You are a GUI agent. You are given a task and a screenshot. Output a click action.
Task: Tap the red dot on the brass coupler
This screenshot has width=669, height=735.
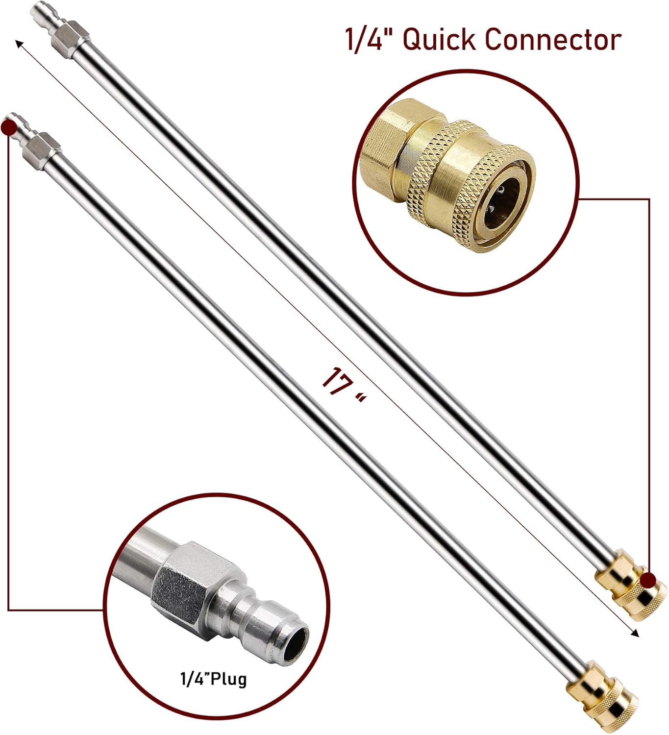[x=649, y=579]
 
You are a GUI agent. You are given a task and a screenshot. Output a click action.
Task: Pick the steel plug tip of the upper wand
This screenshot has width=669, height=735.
[x=40, y=14]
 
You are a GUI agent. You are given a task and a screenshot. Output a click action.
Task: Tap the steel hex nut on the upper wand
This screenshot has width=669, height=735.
[x=72, y=37]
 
